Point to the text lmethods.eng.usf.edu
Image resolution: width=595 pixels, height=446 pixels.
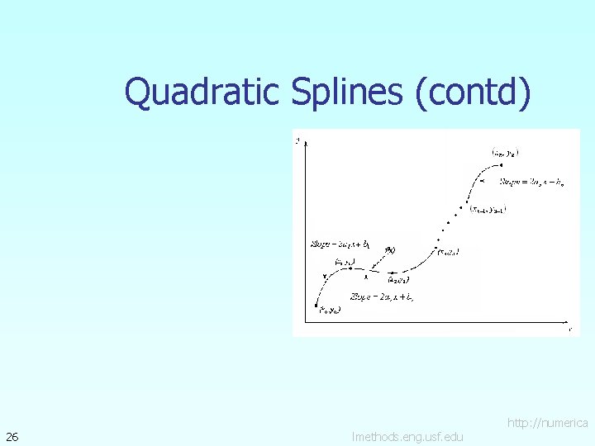[407, 436]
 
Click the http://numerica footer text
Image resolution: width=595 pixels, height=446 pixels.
[548, 423]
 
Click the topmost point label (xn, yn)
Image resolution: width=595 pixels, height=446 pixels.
[506, 152]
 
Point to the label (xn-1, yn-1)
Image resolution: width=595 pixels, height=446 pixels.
[488, 210]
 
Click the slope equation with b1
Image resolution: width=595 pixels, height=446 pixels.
[339, 244]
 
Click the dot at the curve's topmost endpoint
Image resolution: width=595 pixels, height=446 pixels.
[501, 164]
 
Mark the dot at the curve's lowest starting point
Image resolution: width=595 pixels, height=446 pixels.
[317, 306]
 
